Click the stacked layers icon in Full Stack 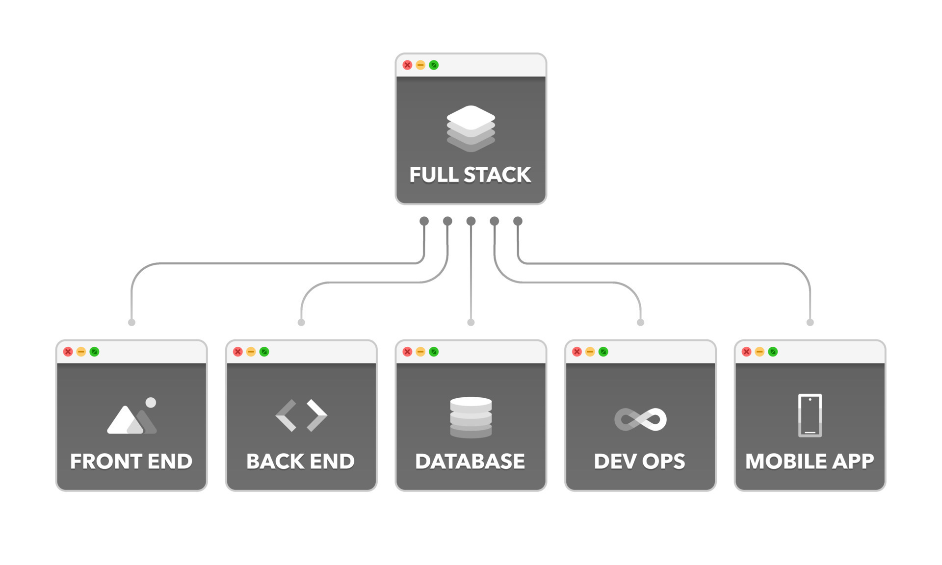click(x=471, y=128)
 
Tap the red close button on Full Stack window click(x=407, y=65)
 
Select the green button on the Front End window click(x=95, y=352)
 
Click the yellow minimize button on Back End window click(x=251, y=352)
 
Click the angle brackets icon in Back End click(x=301, y=415)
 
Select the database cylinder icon click(x=471, y=417)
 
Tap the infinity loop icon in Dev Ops click(x=640, y=419)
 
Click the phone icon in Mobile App click(x=810, y=415)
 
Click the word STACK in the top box click(x=497, y=175)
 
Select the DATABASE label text click(x=470, y=462)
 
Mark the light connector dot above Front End click(x=131, y=322)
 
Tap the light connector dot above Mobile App click(x=810, y=322)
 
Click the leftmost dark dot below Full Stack click(x=424, y=221)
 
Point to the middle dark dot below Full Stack click(x=471, y=221)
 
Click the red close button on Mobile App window click(x=746, y=352)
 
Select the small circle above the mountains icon click(x=151, y=403)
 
